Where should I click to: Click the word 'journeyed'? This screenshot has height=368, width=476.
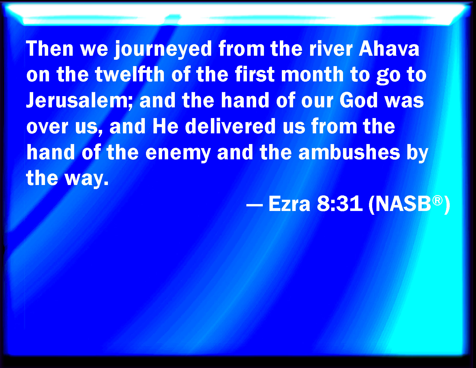(x=163, y=50)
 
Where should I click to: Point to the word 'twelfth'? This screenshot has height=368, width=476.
(x=130, y=74)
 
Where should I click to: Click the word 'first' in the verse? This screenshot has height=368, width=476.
(x=255, y=74)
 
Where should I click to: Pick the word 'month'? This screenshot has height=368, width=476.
(x=312, y=74)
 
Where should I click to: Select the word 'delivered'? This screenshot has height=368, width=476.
(x=230, y=126)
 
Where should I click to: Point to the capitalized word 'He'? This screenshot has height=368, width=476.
(x=165, y=126)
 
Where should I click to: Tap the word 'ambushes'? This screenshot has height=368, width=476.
(x=349, y=152)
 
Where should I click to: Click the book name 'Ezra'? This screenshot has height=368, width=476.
(x=289, y=203)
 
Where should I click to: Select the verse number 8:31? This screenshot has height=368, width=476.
(x=340, y=203)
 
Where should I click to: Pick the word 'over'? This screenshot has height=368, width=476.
(x=47, y=128)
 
